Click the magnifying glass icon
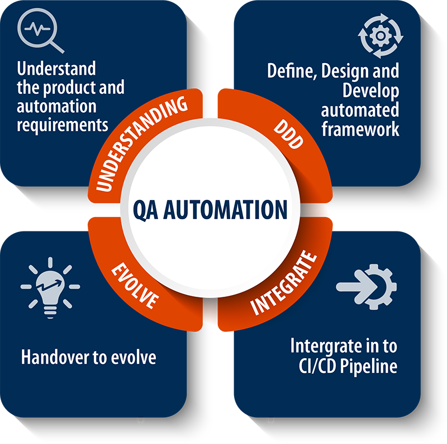pos(40,30)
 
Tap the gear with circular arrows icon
pos(381,36)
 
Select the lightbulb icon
pos(50,287)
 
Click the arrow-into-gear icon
pos(367,287)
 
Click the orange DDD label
pos(288,134)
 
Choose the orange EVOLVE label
pos(135,286)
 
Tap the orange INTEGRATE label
pos(284,283)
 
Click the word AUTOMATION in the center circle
pos(225,210)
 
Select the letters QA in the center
pos(145,210)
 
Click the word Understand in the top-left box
pos(56,69)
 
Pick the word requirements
pos(63,126)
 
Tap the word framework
pos(360,129)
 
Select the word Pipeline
pos(369,366)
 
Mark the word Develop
pos(371,91)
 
